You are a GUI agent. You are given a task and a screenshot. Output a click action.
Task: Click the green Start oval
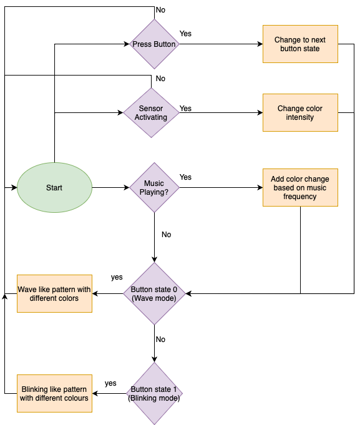click(x=54, y=187)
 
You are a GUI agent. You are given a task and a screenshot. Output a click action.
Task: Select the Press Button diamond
click(x=154, y=44)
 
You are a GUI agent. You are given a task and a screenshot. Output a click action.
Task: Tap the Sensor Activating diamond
click(x=151, y=112)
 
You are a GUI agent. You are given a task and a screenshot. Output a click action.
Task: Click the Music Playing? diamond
click(x=154, y=187)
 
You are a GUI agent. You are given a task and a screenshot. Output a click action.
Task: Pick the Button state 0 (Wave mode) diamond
click(x=154, y=293)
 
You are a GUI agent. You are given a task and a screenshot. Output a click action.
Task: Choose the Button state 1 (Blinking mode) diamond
click(x=154, y=393)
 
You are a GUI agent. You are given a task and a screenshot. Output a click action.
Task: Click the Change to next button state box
click(x=300, y=44)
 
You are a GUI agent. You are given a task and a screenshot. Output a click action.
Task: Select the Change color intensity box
click(x=300, y=112)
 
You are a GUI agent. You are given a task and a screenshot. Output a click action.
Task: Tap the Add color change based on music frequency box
click(x=300, y=187)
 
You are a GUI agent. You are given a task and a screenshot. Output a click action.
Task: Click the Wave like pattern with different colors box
click(x=54, y=293)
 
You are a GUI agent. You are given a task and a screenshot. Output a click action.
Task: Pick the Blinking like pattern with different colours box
click(x=54, y=393)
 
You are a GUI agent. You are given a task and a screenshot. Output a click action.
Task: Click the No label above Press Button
click(x=160, y=10)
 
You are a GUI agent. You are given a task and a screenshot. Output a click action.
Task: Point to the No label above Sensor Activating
click(x=160, y=79)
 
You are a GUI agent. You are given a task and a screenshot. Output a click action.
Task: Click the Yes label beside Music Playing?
click(x=185, y=177)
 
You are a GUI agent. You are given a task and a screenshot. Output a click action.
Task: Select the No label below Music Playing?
click(x=167, y=235)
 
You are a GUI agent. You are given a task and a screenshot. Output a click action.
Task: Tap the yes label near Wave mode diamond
click(x=117, y=277)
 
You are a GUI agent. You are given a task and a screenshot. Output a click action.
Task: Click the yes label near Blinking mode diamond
click(x=110, y=383)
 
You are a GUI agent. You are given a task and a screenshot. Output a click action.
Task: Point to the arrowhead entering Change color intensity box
click(x=260, y=112)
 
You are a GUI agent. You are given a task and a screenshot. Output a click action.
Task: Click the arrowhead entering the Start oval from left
click(x=14, y=187)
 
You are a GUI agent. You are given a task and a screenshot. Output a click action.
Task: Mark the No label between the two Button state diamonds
click(x=160, y=340)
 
